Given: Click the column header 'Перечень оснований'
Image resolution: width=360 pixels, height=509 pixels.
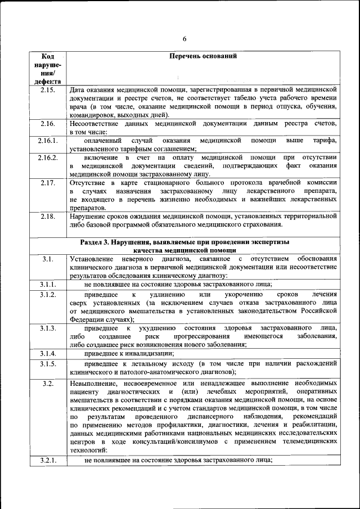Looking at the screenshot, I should [203, 57].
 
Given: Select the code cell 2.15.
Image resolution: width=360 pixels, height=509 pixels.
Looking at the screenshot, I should [48, 90].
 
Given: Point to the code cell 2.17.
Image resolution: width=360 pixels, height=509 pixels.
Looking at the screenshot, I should [48, 183].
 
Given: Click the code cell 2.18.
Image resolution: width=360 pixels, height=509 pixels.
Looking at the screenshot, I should [48, 216].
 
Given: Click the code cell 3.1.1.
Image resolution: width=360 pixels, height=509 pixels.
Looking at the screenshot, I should [48, 285].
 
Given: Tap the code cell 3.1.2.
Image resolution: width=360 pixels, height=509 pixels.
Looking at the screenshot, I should [48, 295].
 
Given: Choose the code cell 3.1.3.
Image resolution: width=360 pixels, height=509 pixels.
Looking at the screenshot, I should [48, 327].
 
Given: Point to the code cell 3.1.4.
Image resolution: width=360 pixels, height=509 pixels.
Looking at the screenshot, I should [48, 353].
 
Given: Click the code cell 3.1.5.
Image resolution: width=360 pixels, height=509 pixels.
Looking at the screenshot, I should [48, 363].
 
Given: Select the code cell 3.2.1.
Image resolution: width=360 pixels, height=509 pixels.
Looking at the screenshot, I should [48, 460].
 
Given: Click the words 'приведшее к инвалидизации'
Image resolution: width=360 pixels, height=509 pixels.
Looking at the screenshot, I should [128, 353].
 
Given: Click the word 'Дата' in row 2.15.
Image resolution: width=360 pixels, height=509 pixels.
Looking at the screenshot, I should [77, 90].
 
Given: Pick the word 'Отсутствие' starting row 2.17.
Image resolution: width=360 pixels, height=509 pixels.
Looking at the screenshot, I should [87, 183].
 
